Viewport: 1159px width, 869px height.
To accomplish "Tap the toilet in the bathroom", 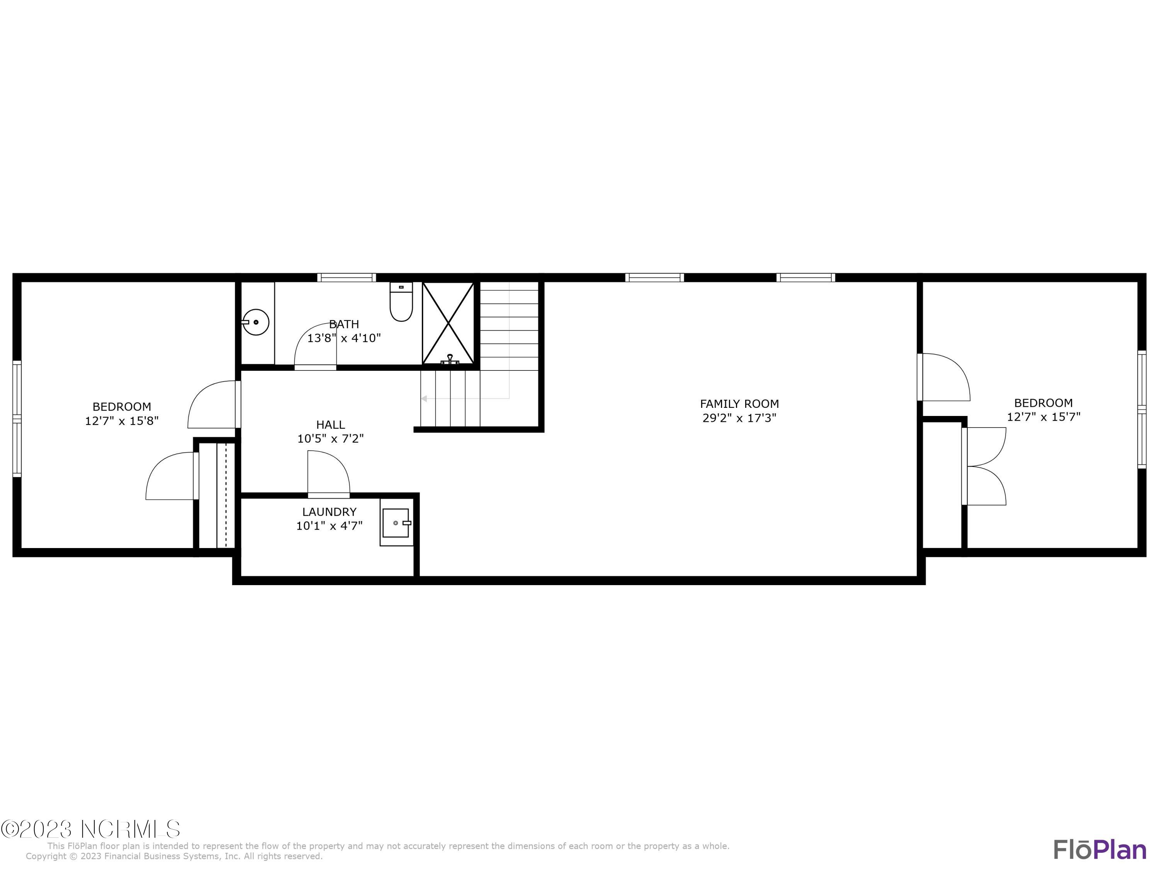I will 401,303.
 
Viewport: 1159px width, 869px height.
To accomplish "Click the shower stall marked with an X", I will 448,322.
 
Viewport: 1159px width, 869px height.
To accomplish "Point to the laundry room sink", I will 396,523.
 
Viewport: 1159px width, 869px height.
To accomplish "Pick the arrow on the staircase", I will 424,399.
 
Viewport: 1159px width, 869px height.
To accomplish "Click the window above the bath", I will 346,278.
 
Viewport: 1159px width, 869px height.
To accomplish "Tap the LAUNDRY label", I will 329,512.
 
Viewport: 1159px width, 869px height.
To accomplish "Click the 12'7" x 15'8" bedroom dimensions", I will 122,421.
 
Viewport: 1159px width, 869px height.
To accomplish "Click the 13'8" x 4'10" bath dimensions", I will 344,338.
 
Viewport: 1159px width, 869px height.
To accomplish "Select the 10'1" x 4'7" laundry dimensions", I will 329,526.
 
